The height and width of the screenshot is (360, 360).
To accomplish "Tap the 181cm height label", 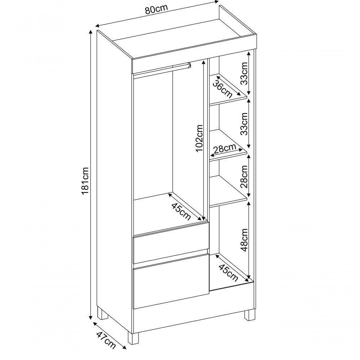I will (85, 181).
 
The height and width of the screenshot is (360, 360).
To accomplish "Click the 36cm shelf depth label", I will (222, 89).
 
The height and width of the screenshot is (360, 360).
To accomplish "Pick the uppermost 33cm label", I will (244, 72).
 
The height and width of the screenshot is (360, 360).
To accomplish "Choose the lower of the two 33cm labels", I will (244, 123).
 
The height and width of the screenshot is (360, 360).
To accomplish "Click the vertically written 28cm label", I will (244, 177).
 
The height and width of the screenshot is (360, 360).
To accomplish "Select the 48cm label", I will (244, 239).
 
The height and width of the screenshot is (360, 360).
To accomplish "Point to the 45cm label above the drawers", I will (181, 211).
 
